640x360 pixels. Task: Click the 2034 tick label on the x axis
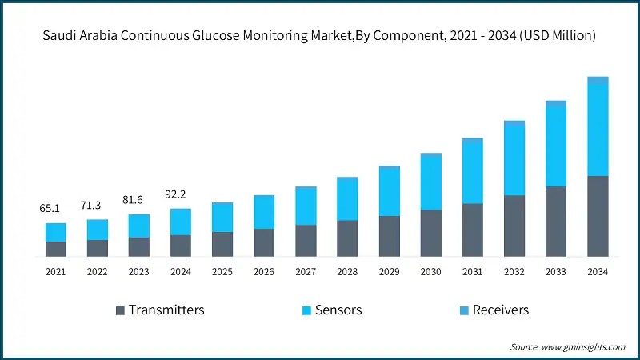coord(598,272)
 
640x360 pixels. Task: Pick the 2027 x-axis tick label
coord(306,272)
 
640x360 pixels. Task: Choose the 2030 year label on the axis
coord(431,272)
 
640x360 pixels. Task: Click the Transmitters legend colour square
coord(120,310)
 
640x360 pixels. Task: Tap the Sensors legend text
coord(338,310)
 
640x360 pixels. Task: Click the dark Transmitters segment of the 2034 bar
coord(598,216)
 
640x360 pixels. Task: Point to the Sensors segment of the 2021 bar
coord(56,232)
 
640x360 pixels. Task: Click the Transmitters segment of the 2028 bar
coord(347,238)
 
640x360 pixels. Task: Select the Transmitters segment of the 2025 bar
coord(222,244)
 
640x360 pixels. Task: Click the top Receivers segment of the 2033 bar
coord(556,104)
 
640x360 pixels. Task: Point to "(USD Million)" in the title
coord(556,36)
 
